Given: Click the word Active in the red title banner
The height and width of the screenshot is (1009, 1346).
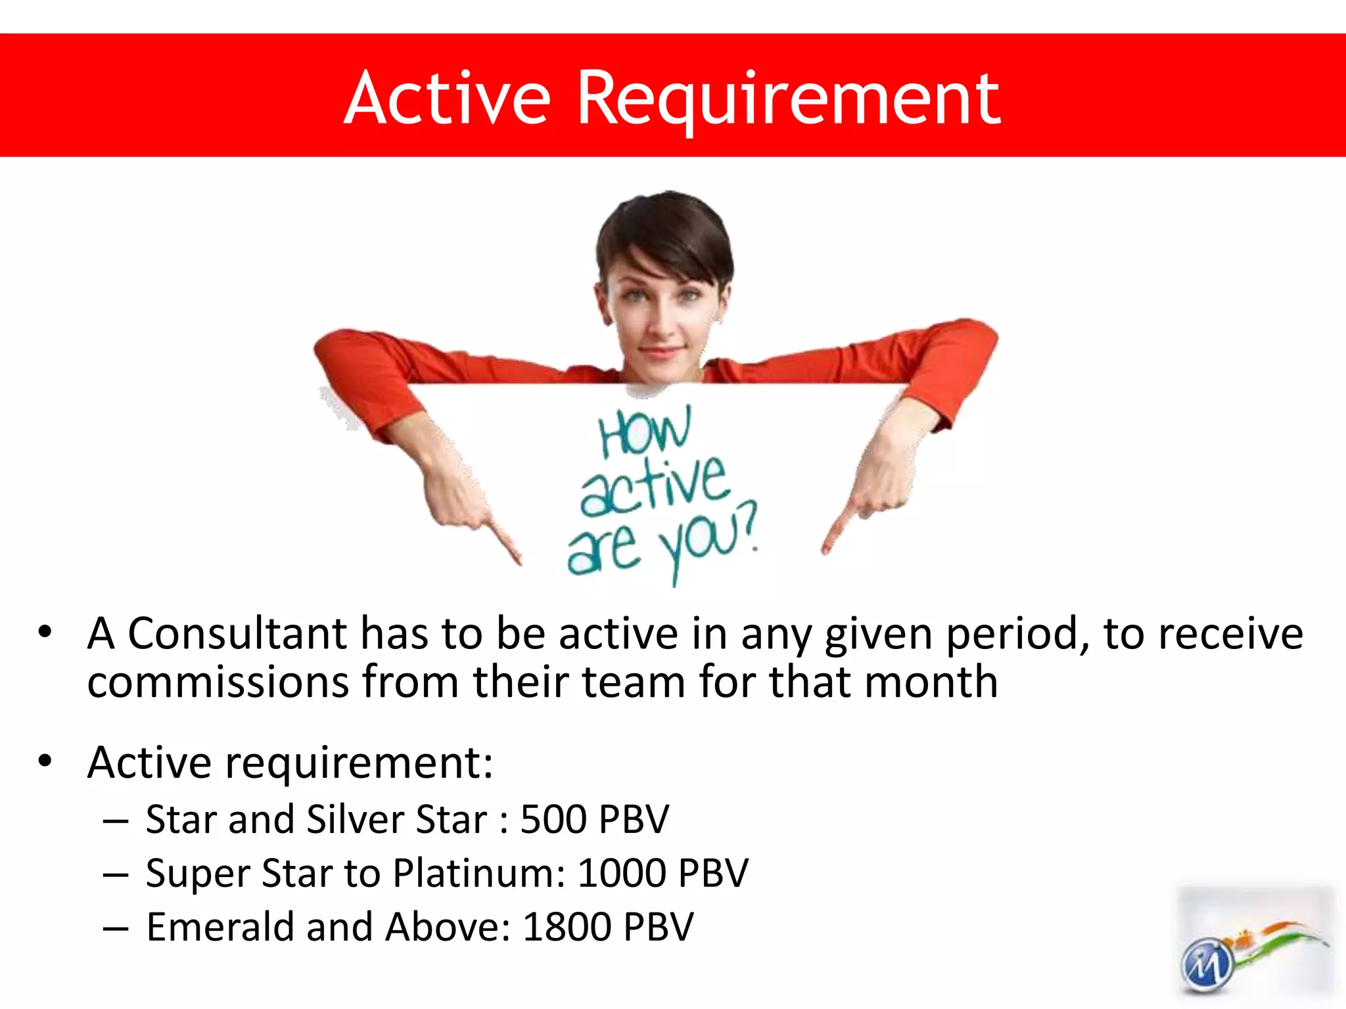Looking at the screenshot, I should point(447,99).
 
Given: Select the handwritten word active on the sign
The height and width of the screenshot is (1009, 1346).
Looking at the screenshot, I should point(655,486).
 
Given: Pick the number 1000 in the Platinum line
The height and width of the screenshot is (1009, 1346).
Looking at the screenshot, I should point(622,874).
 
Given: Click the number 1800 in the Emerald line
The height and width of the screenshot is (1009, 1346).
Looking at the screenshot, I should point(567,928).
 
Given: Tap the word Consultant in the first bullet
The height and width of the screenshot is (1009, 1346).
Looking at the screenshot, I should point(237,635).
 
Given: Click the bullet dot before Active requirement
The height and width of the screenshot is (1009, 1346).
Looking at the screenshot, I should point(45,761).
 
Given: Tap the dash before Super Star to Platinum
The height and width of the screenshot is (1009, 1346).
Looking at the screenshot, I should point(116,874).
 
